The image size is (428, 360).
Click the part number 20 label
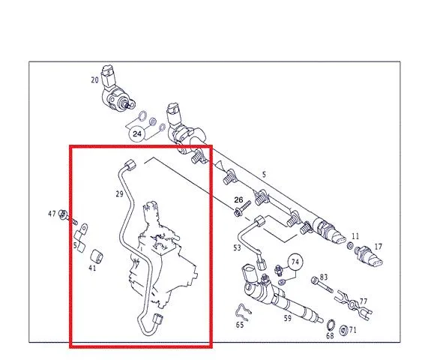[94, 80]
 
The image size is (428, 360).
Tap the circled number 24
[137, 133]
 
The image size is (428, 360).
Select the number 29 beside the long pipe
[119, 194]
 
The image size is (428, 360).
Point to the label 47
[52, 214]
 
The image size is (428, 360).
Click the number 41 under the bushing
[92, 268]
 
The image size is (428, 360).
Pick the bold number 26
[238, 200]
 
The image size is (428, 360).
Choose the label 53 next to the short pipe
[237, 247]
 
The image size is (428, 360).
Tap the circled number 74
[295, 262]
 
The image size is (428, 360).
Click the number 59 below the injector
[287, 318]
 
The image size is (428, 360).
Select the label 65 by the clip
[240, 325]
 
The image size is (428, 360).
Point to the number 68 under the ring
[330, 336]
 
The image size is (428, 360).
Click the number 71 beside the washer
[352, 330]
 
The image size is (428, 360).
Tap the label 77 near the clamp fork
[364, 301]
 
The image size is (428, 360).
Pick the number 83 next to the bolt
[324, 277]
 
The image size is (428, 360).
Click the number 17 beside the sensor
[378, 247]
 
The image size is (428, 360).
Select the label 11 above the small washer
[355, 236]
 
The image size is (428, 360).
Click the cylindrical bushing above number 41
[97, 256]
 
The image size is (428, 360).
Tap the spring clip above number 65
[243, 312]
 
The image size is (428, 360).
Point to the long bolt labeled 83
[322, 285]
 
